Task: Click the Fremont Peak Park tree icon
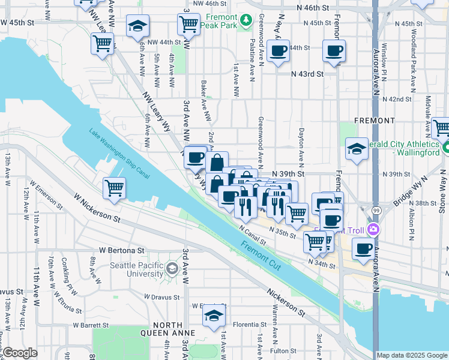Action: [x=246, y=22]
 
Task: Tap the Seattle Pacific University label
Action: [x=137, y=269]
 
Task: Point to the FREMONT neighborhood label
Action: [x=374, y=120]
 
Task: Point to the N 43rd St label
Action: [x=307, y=74]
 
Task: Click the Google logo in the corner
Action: [x=20, y=353]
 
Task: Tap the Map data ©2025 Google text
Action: [x=412, y=355]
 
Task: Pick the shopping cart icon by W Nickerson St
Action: [x=114, y=188]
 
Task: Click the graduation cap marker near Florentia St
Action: [x=212, y=316]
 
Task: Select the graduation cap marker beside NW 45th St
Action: [x=137, y=26]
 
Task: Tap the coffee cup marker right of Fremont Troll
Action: [x=363, y=249]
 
